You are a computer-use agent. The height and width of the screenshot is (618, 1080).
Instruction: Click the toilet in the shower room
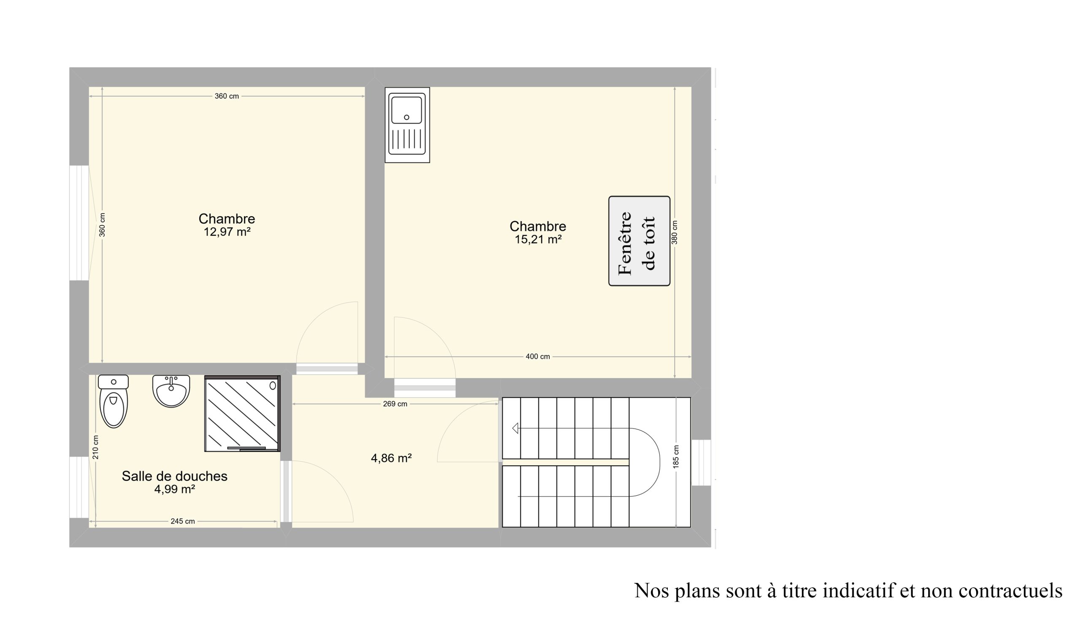coord(113,401)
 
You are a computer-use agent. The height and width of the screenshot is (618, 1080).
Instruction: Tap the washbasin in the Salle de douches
coord(171,391)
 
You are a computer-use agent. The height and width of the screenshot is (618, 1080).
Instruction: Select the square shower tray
coord(242,414)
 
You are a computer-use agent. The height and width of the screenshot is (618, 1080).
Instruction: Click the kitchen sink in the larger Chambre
coord(407,125)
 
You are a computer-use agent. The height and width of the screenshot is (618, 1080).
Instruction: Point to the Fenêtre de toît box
coord(639,241)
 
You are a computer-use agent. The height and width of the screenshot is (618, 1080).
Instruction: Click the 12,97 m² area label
coord(227,232)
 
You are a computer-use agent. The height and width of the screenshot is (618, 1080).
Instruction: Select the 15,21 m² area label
coord(538,240)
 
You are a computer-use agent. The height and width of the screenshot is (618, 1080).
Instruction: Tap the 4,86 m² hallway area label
coord(391,458)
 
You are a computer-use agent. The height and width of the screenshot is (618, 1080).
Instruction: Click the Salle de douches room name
coord(175,476)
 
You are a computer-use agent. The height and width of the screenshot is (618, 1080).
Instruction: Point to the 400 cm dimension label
coord(537,357)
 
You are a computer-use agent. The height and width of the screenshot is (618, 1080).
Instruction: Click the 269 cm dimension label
coord(395,404)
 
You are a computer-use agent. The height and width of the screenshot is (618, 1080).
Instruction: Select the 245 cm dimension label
coord(183,521)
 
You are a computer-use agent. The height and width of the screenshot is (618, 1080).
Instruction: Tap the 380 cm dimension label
coord(675,232)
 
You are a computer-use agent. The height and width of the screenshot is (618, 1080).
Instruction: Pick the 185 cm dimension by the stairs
coord(676,457)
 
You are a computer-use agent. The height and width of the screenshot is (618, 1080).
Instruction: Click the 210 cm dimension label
coord(96,447)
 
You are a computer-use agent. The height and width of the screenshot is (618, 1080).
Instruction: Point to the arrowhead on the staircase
coord(515,428)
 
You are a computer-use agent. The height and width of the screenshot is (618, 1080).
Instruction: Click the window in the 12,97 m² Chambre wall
coord(79,223)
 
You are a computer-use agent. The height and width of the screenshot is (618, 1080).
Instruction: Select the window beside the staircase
coord(701,462)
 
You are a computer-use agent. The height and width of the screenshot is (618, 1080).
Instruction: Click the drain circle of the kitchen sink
coord(406,117)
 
